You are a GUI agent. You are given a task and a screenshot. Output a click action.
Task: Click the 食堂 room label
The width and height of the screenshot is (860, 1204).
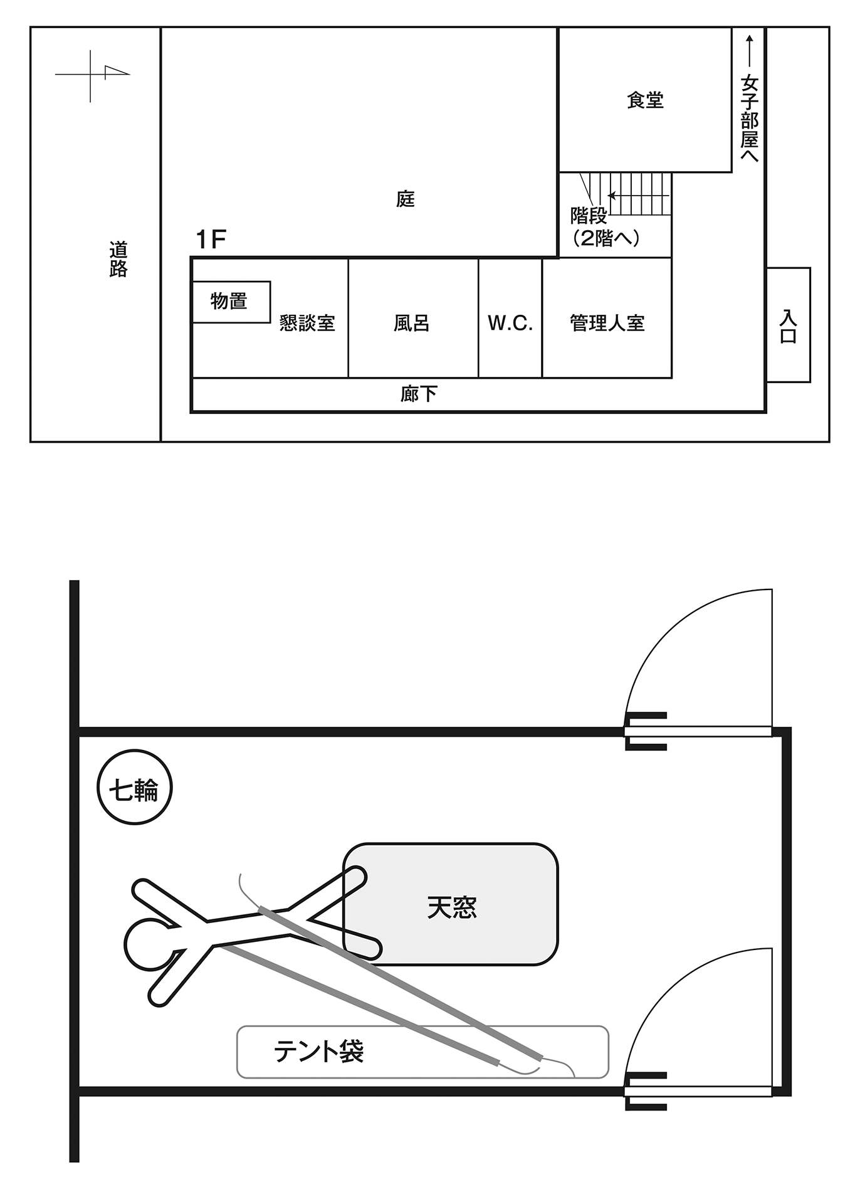pos(645,100)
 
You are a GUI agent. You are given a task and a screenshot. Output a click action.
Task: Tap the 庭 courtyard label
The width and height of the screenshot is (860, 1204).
pos(406,199)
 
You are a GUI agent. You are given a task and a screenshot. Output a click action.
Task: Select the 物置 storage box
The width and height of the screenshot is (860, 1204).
pos(231,302)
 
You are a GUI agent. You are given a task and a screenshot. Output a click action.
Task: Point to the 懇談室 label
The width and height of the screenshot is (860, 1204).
pos(307,324)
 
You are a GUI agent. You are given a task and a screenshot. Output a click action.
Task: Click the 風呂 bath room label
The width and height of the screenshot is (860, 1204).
pos(412,324)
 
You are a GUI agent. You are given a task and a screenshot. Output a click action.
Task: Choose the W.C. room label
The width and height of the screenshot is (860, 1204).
pos(510,324)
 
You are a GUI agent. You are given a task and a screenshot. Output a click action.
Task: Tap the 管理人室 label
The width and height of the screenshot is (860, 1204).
pos(607,324)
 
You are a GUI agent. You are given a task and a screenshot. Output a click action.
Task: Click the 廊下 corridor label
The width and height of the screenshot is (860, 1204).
pos(419,394)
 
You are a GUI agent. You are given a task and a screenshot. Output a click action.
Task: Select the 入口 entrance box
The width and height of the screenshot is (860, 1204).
pos(788,325)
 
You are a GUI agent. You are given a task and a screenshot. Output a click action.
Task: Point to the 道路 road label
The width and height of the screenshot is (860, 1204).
pos(118,259)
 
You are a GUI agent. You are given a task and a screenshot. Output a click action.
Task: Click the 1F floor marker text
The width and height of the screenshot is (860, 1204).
pos(211,240)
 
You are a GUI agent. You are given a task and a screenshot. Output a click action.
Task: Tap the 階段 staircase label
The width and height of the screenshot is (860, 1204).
pos(589,216)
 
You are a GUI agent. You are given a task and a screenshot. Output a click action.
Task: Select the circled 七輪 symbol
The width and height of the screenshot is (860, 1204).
pos(135,790)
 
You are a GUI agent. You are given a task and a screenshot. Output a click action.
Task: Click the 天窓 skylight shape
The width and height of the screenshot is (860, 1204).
pos(451,907)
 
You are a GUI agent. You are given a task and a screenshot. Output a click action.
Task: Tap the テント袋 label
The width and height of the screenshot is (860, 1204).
pos(318,1052)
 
